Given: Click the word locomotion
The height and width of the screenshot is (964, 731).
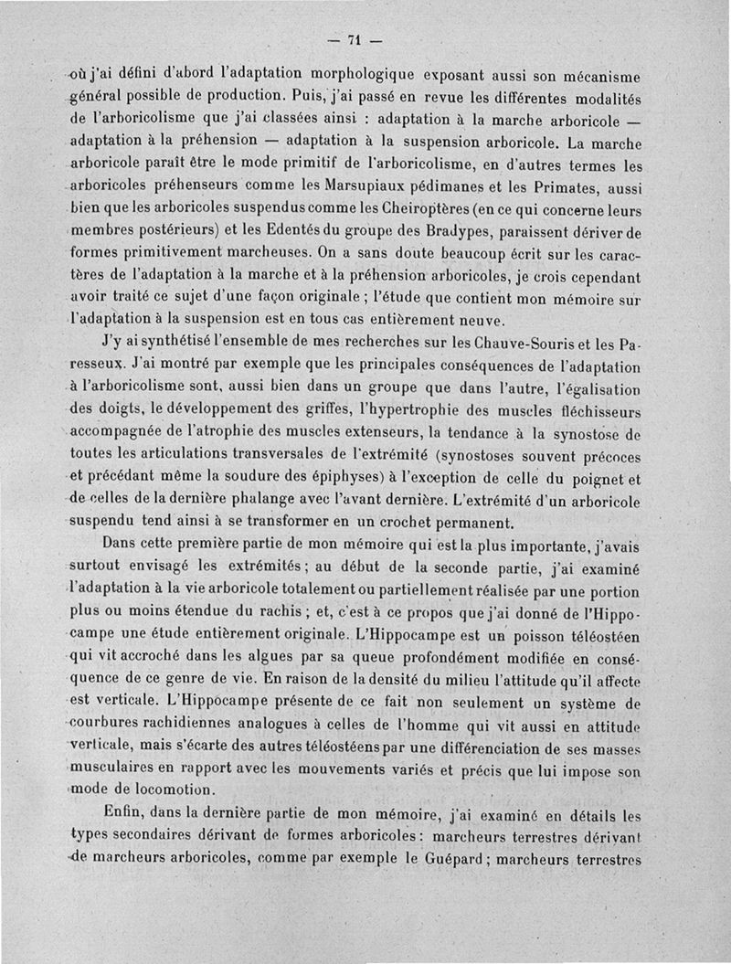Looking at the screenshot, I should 165,789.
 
